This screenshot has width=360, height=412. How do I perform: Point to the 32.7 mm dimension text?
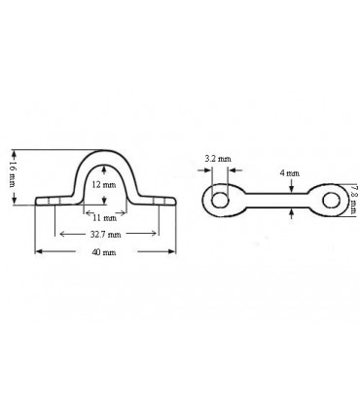click(x=107, y=235)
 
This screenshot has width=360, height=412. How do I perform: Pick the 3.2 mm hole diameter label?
click(x=218, y=157)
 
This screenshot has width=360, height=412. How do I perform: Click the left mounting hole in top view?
click(x=221, y=200)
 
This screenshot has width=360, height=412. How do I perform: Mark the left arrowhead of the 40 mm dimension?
click(x=39, y=251)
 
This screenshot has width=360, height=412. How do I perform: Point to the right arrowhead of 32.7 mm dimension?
click(x=156, y=235)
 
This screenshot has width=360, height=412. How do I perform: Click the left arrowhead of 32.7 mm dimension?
click(x=59, y=235)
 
